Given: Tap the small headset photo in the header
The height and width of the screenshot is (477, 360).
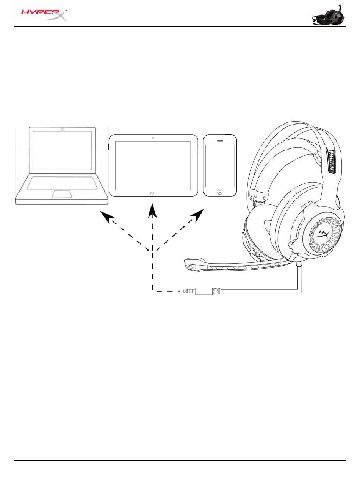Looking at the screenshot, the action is (329, 16).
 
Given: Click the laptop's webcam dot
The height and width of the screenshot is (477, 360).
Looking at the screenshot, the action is (63, 129).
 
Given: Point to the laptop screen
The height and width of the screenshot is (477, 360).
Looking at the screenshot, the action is (63, 150).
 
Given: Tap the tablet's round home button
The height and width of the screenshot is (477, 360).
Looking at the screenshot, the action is (152, 193).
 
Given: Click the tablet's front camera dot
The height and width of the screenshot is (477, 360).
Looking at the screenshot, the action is (153, 137).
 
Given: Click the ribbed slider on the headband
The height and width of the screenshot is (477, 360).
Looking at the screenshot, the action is (330, 161).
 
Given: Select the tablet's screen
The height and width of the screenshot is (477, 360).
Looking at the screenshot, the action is (153, 166).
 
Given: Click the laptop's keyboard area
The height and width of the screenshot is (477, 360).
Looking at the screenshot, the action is (62, 182).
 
